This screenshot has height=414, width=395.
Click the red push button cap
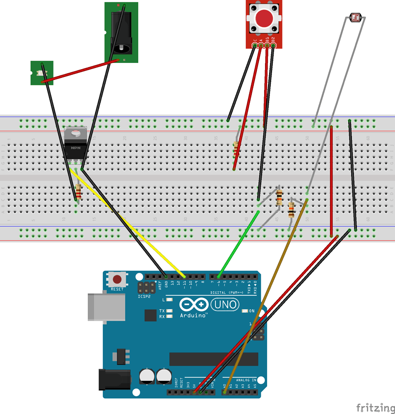click(264, 19)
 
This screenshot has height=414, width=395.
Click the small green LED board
click(42, 73)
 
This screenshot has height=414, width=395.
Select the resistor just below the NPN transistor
click(78, 192)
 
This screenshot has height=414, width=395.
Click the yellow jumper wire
click(132, 228)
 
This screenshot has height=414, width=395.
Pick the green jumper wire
click(238, 244)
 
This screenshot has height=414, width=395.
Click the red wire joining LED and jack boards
click(81, 71)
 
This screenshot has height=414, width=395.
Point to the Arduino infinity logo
click(194, 305)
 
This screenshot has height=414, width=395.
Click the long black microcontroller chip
click(213, 359)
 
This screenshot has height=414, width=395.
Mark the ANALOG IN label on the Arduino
click(246, 380)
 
